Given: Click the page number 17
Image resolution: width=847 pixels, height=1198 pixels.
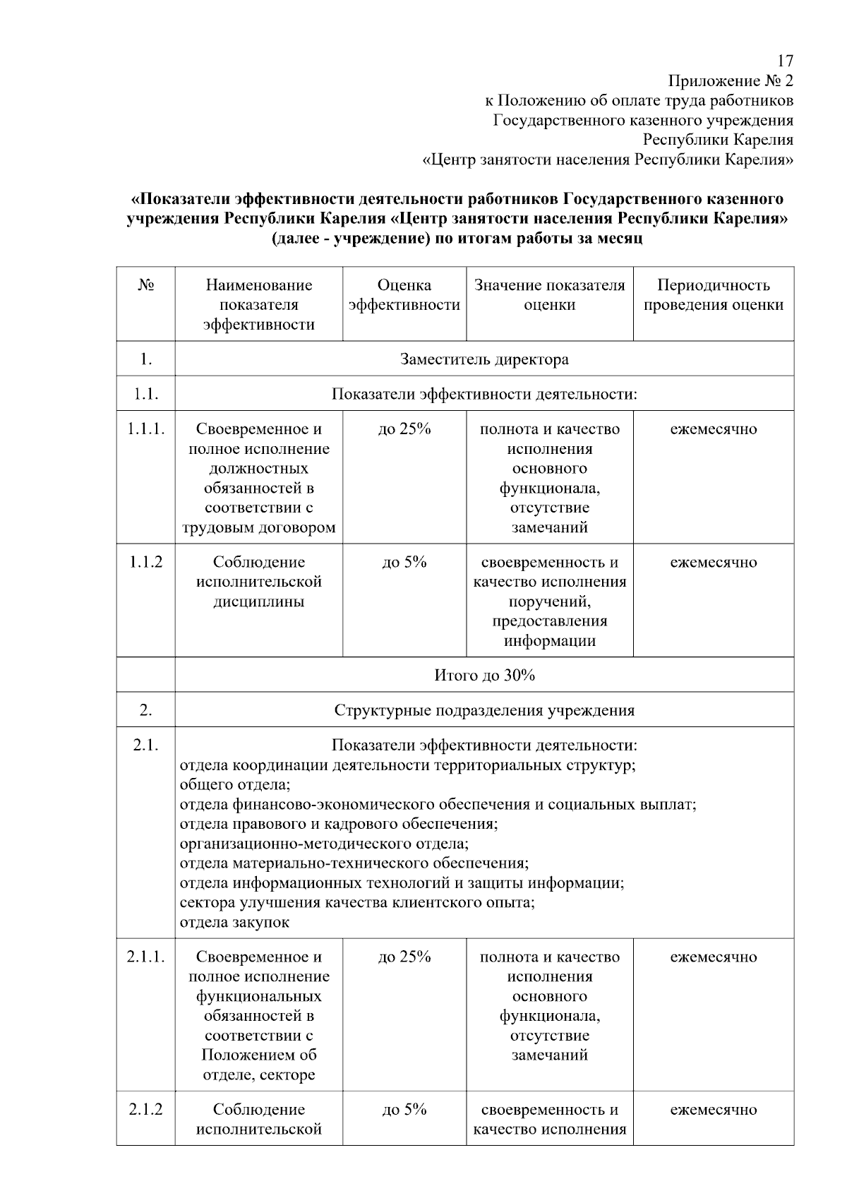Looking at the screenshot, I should pos(785,61).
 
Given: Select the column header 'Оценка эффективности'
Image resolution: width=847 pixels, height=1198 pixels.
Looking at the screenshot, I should pos(404,295).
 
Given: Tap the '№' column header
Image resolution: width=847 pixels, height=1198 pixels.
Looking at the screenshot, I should pos(145,285).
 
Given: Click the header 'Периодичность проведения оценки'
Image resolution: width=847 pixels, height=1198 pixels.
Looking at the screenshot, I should pos(713,295).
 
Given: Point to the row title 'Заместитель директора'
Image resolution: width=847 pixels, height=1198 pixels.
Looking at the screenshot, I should pos(484,359).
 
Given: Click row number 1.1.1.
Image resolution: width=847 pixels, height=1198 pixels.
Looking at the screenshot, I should pos(145,429).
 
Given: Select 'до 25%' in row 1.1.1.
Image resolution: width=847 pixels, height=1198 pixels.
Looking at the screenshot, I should pos(404,429).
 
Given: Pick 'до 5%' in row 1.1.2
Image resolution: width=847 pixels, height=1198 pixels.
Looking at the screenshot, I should pos(404,563).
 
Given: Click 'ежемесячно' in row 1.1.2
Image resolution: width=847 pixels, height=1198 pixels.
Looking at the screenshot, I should pos(713,563).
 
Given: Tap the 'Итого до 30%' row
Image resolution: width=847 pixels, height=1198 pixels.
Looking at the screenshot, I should pos(484,676).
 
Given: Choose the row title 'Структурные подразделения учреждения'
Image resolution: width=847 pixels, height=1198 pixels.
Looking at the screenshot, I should pos(484,710).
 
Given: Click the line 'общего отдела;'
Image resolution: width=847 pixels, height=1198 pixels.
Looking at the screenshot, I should pos(235,785).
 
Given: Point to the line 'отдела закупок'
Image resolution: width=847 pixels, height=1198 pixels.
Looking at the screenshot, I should pos(235,922).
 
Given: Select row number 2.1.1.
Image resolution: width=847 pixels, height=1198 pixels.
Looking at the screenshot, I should pos(145,957).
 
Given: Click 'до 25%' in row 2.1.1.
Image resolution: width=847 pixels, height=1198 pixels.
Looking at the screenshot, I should pos(404,957).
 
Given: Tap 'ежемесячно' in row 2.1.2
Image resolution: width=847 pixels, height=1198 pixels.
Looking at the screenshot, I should pos(713,1110).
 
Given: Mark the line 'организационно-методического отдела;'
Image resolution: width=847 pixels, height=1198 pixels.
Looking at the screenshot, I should pos(324,844).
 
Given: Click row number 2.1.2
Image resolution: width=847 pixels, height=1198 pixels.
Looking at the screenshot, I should pos(145,1110).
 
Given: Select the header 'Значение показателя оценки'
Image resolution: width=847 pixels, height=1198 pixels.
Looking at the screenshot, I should pos(549,295).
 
